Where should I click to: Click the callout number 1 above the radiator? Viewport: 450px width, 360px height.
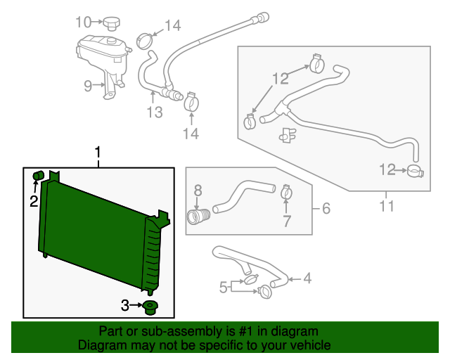point(98,152)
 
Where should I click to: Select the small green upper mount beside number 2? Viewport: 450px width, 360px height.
point(39,174)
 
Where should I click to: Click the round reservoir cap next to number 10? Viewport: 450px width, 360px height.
point(111,25)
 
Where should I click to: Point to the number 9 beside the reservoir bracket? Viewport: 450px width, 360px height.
point(88,86)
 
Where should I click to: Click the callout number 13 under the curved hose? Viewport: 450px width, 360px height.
point(155,112)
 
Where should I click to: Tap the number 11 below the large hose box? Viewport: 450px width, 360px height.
point(387,206)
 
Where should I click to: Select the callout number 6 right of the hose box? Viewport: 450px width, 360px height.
point(326,208)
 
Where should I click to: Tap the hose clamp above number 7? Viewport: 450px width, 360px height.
point(286,190)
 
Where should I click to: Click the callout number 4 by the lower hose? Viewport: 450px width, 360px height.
point(307,279)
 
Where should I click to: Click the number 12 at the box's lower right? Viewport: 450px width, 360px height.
point(387,169)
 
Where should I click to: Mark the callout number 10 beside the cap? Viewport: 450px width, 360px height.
point(84,22)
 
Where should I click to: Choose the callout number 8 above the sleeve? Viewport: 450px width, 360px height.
point(198,190)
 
